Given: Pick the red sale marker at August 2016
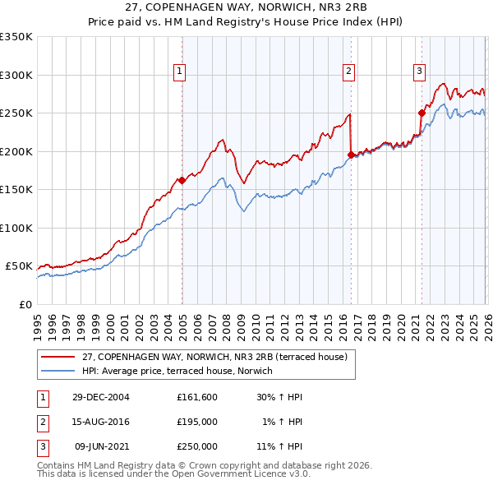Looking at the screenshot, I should tap(351, 155).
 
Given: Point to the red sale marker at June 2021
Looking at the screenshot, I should tap(422, 113).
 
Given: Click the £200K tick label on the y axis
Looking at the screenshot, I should tap(16, 151).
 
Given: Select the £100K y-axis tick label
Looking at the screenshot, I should tap(16, 228).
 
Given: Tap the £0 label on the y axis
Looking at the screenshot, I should tap(24, 304).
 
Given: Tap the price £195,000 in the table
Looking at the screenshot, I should tap(197, 422).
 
